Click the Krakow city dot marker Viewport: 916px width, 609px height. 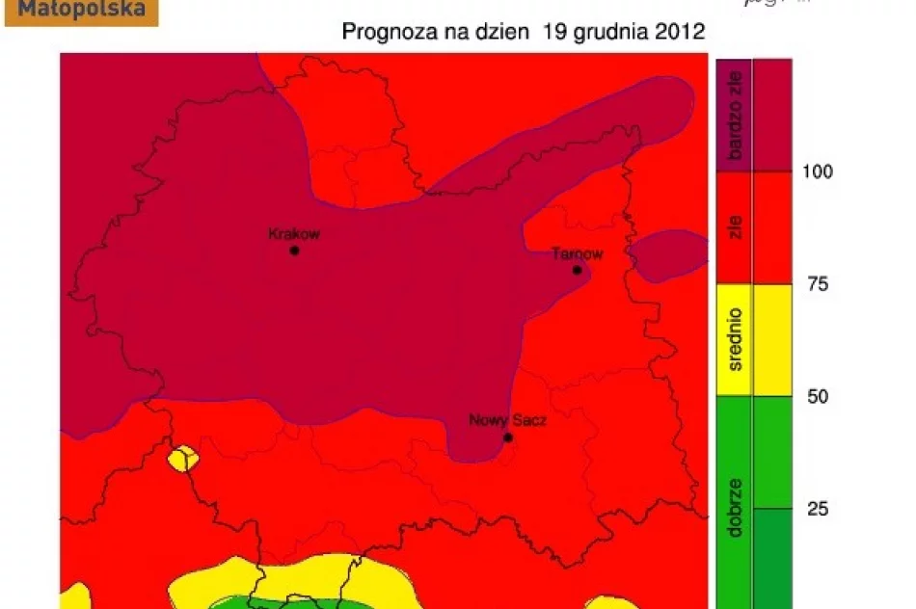coord(294,251)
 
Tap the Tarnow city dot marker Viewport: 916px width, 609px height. coord(577,270)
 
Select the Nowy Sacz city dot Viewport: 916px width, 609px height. coord(508,437)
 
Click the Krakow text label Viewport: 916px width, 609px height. coord(293,233)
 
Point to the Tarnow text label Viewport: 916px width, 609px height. coord(577,254)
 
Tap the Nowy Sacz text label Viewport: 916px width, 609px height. coord(507,421)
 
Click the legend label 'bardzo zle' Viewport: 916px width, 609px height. coord(735,115)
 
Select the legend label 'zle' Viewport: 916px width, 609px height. coord(735,227)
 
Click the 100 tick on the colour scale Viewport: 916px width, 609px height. coord(818,172)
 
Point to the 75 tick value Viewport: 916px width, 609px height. coord(817,284)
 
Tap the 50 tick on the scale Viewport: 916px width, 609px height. coord(817,396)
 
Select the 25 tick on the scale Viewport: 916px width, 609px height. coord(817,509)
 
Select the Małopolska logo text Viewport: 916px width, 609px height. coord(82,11)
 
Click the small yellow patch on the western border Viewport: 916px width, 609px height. coord(181,459)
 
